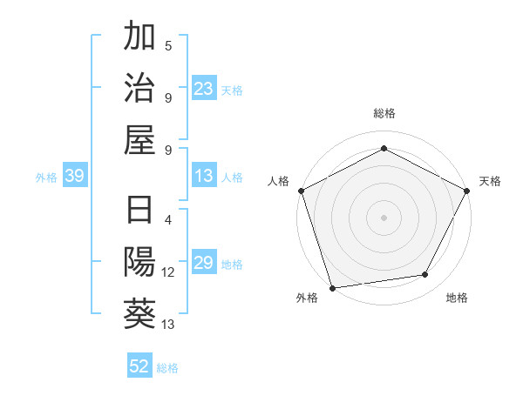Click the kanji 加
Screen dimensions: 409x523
click(140, 37)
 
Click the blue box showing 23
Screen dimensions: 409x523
click(204, 89)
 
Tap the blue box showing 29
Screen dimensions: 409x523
click(204, 264)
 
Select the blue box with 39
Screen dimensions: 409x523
click(74, 177)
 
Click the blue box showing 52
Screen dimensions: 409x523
click(139, 366)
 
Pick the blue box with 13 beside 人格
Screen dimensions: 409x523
click(204, 177)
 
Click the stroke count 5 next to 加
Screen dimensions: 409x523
click(168, 46)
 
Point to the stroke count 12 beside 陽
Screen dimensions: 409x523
click(168, 272)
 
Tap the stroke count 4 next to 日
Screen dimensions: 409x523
click(168, 220)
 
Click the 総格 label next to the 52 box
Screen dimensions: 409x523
click(167, 367)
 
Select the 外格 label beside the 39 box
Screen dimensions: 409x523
click(46, 178)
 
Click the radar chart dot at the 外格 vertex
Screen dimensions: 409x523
click(332, 288)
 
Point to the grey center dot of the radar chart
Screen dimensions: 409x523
click(384, 217)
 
